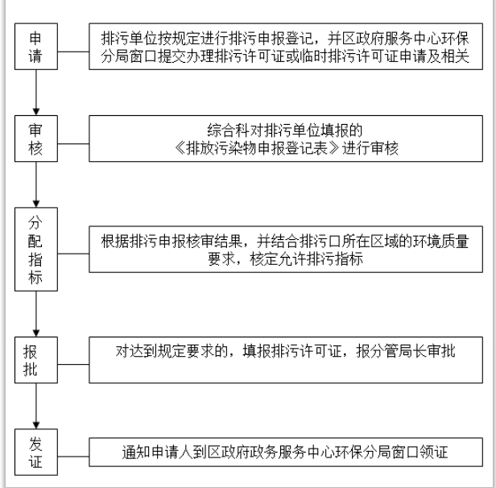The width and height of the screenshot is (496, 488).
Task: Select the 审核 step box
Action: point(36,139)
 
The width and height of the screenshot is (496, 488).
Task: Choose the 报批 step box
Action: point(36,359)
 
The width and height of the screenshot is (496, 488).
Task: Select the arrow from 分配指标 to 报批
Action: point(36,316)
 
